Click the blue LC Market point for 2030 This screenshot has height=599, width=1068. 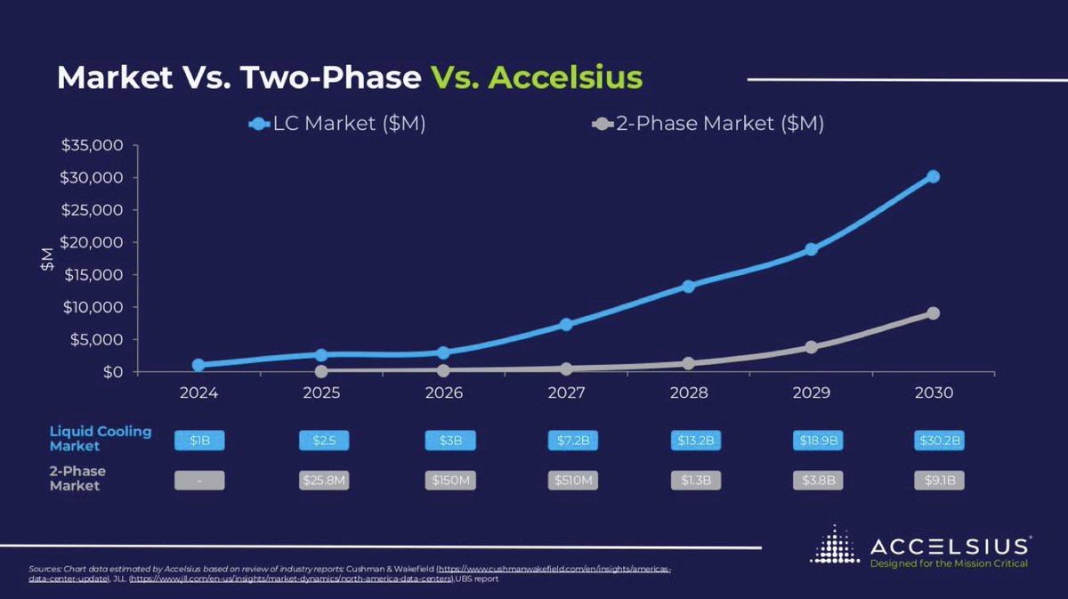933,176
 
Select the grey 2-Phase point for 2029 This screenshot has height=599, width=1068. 811,346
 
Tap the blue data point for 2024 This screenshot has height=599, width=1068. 198,365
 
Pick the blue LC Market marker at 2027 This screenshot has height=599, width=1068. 566,324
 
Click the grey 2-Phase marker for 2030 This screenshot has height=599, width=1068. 933,313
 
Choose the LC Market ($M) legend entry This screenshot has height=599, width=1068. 338,125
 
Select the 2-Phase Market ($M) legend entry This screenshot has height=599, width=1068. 708,125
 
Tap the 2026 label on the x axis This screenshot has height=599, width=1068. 443,393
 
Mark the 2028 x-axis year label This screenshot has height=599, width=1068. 688,393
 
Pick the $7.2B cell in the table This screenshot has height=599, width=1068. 571,441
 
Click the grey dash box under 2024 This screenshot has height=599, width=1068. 199,481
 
